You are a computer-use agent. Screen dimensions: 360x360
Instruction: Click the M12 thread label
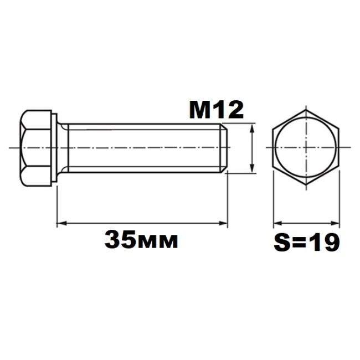tap(216, 110)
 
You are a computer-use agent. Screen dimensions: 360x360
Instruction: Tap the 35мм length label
tap(141, 240)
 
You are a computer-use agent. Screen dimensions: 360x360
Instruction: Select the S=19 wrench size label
tap(306, 243)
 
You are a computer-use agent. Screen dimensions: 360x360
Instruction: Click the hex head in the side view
tap(36, 148)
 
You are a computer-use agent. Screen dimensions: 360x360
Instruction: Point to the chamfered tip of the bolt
tap(224, 148)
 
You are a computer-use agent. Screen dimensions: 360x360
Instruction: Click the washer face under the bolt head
tap(54, 148)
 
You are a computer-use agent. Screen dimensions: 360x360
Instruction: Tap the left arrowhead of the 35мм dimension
tap(61, 223)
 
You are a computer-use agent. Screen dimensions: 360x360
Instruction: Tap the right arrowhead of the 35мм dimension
tap(223, 223)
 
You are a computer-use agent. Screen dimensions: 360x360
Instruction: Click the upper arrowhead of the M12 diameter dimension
tap(252, 128)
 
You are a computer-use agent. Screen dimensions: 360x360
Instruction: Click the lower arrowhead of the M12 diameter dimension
tap(252, 168)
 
